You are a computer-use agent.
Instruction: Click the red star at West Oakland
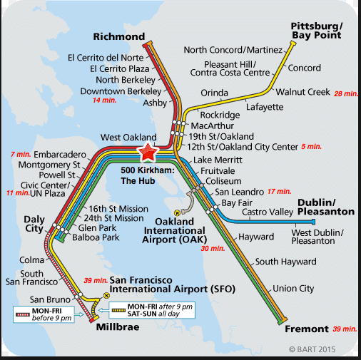coord(148,152)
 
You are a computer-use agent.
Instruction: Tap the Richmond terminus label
coord(119,36)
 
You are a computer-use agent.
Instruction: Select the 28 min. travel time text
coord(345,93)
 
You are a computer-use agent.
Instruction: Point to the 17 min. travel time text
coord(280,192)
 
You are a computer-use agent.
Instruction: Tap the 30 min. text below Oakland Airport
coord(213,248)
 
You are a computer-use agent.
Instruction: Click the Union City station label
coord(294,288)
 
